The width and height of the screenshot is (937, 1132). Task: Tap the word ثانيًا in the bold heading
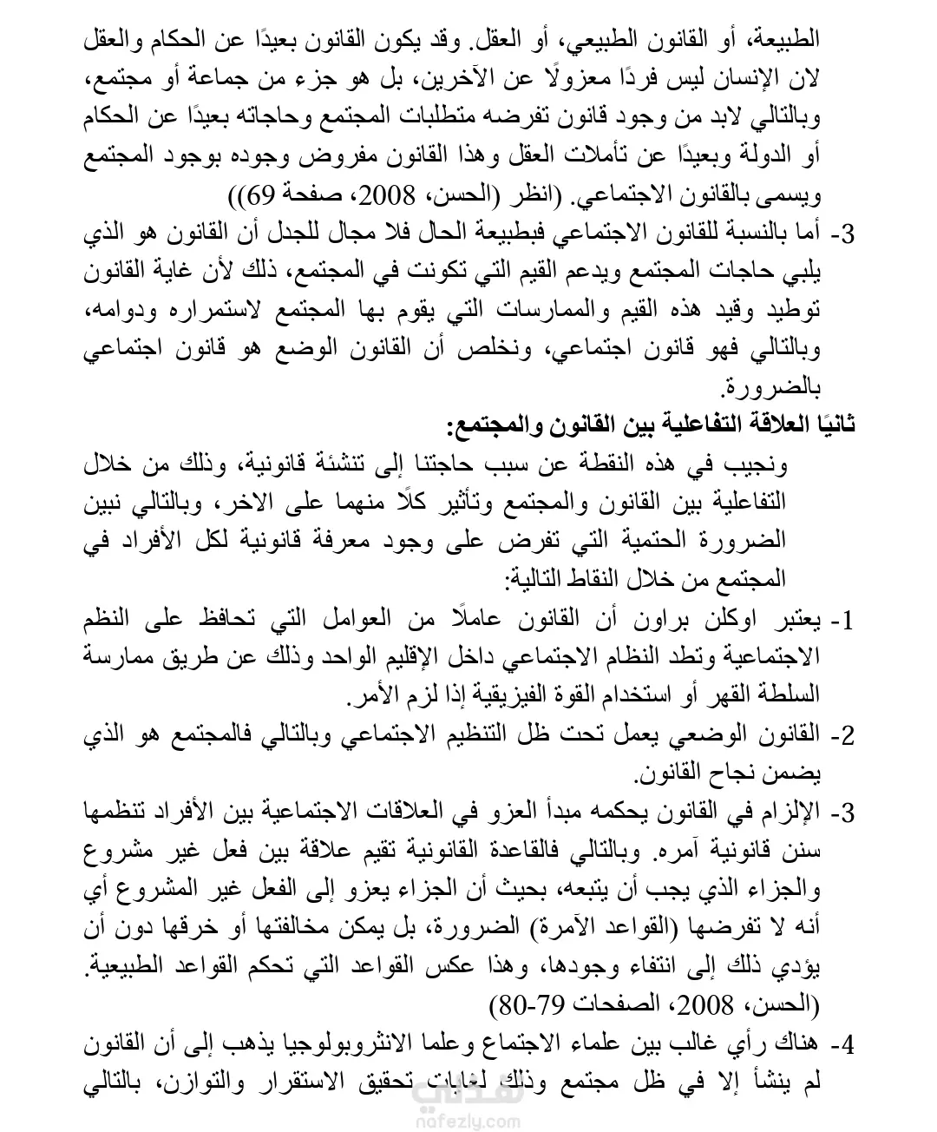click(835, 426)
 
